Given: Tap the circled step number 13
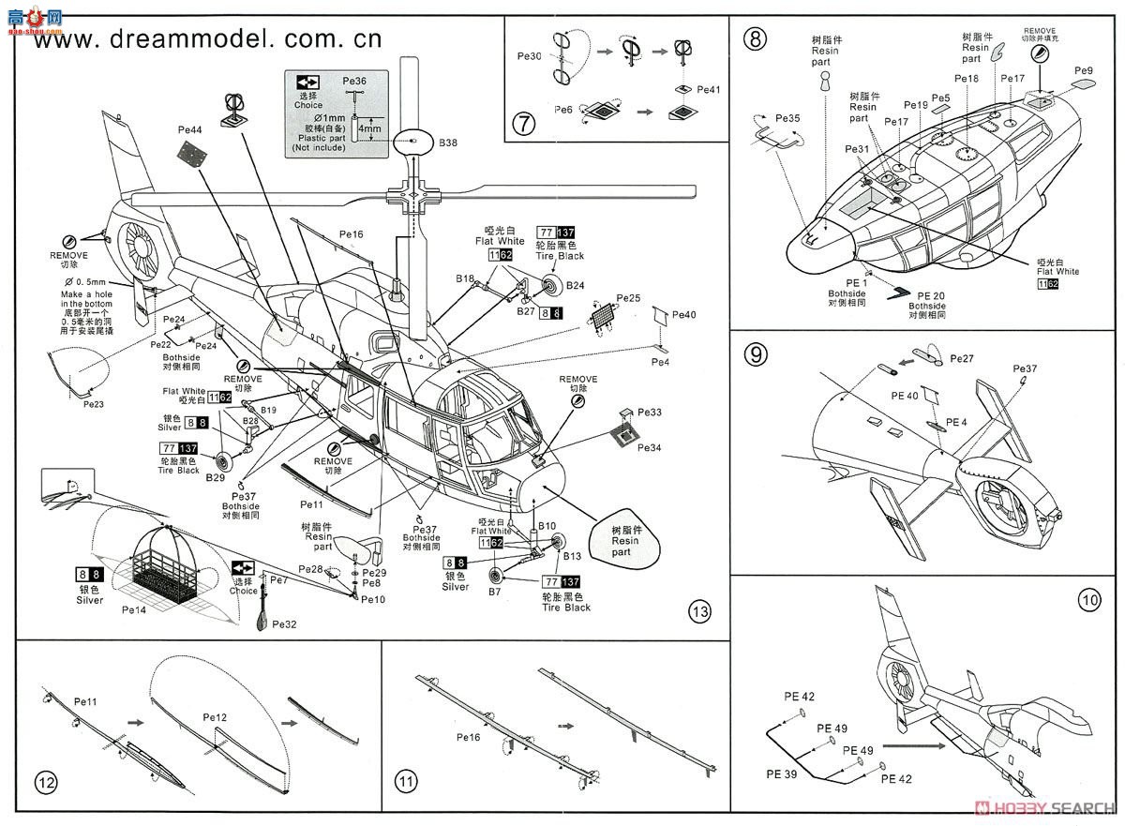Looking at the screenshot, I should [x=698, y=613].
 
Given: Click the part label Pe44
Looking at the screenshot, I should [x=189, y=129].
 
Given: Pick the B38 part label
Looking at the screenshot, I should [x=448, y=143].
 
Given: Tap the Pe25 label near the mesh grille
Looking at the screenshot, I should [x=628, y=297].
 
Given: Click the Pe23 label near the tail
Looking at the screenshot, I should [x=93, y=403].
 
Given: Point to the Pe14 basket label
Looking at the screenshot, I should [x=134, y=608].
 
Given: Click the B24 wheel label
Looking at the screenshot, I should [x=575, y=285].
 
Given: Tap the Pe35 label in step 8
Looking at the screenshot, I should [x=788, y=119].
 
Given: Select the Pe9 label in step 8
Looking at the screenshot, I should [x=1084, y=70].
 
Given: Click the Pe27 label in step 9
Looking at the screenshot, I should [x=962, y=359].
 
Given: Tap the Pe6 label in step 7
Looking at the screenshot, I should [x=563, y=110].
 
